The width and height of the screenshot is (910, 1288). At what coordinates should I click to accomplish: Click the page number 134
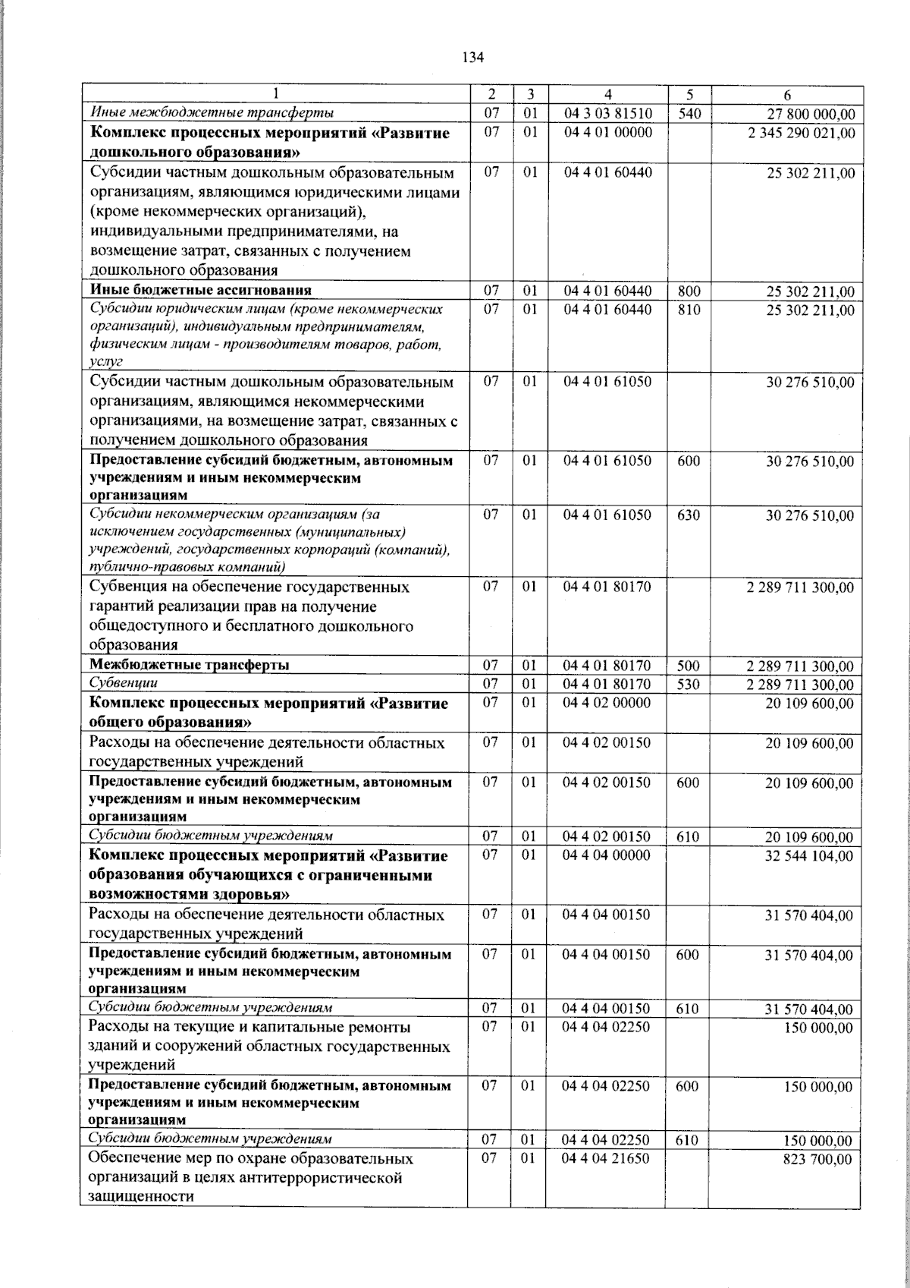pyautogui.click(x=472, y=58)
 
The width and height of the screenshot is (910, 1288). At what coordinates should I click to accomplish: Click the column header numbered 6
pyautogui.click(x=787, y=95)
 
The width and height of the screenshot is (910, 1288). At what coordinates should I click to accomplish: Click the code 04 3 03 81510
pyautogui.click(x=607, y=114)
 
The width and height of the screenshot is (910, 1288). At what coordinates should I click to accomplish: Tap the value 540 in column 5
pyautogui.click(x=689, y=114)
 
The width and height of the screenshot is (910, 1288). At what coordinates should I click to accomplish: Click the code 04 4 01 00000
pyautogui.click(x=607, y=133)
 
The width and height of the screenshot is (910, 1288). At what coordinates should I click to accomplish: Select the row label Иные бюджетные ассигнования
pyautogui.click(x=201, y=291)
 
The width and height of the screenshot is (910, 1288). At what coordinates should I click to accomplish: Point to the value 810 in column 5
pyautogui.click(x=689, y=310)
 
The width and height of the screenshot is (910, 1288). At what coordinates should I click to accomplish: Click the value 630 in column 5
pyautogui.click(x=689, y=515)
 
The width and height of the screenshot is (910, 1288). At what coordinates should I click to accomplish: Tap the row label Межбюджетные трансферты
pyautogui.click(x=189, y=666)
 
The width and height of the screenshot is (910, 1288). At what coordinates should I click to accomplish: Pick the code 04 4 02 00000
pyautogui.click(x=607, y=703)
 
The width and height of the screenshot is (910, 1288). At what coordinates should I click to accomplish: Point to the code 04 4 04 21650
pyautogui.click(x=607, y=1160)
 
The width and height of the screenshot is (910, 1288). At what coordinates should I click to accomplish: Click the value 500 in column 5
pyautogui.click(x=689, y=666)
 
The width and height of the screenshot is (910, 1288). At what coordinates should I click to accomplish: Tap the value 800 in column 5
pyautogui.click(x=689, y=291)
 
